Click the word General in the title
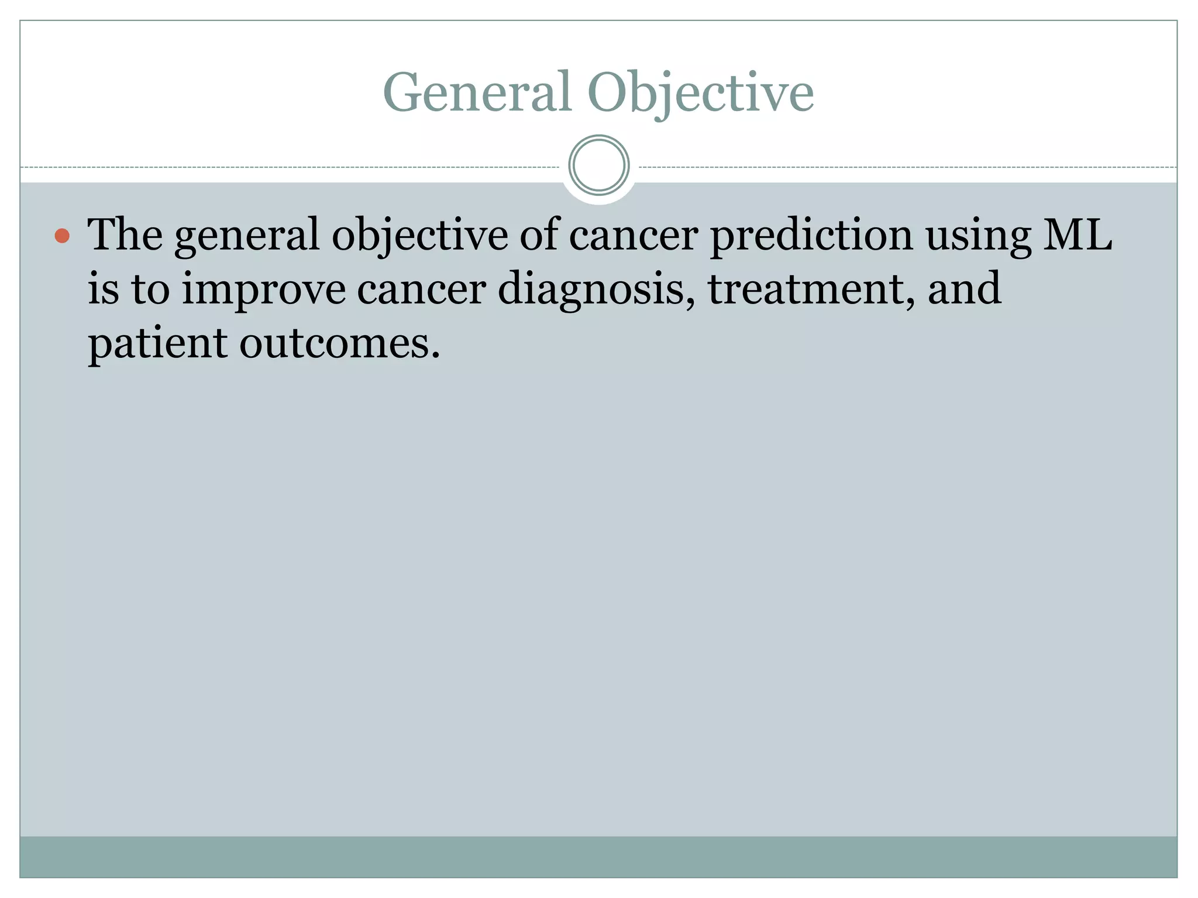click(x=477, y=92)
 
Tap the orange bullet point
click(x=62, y=236)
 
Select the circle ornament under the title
click(x=598, y=165)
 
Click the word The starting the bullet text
click(x=125, y=234)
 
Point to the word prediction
click(x=811, y=234)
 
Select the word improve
click(x=263, y=289)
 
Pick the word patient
click(x=157, y=344)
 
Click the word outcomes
click(x=339, y=344)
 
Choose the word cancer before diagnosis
click(x=421, y=289)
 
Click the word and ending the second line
click(x=964, y=288)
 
